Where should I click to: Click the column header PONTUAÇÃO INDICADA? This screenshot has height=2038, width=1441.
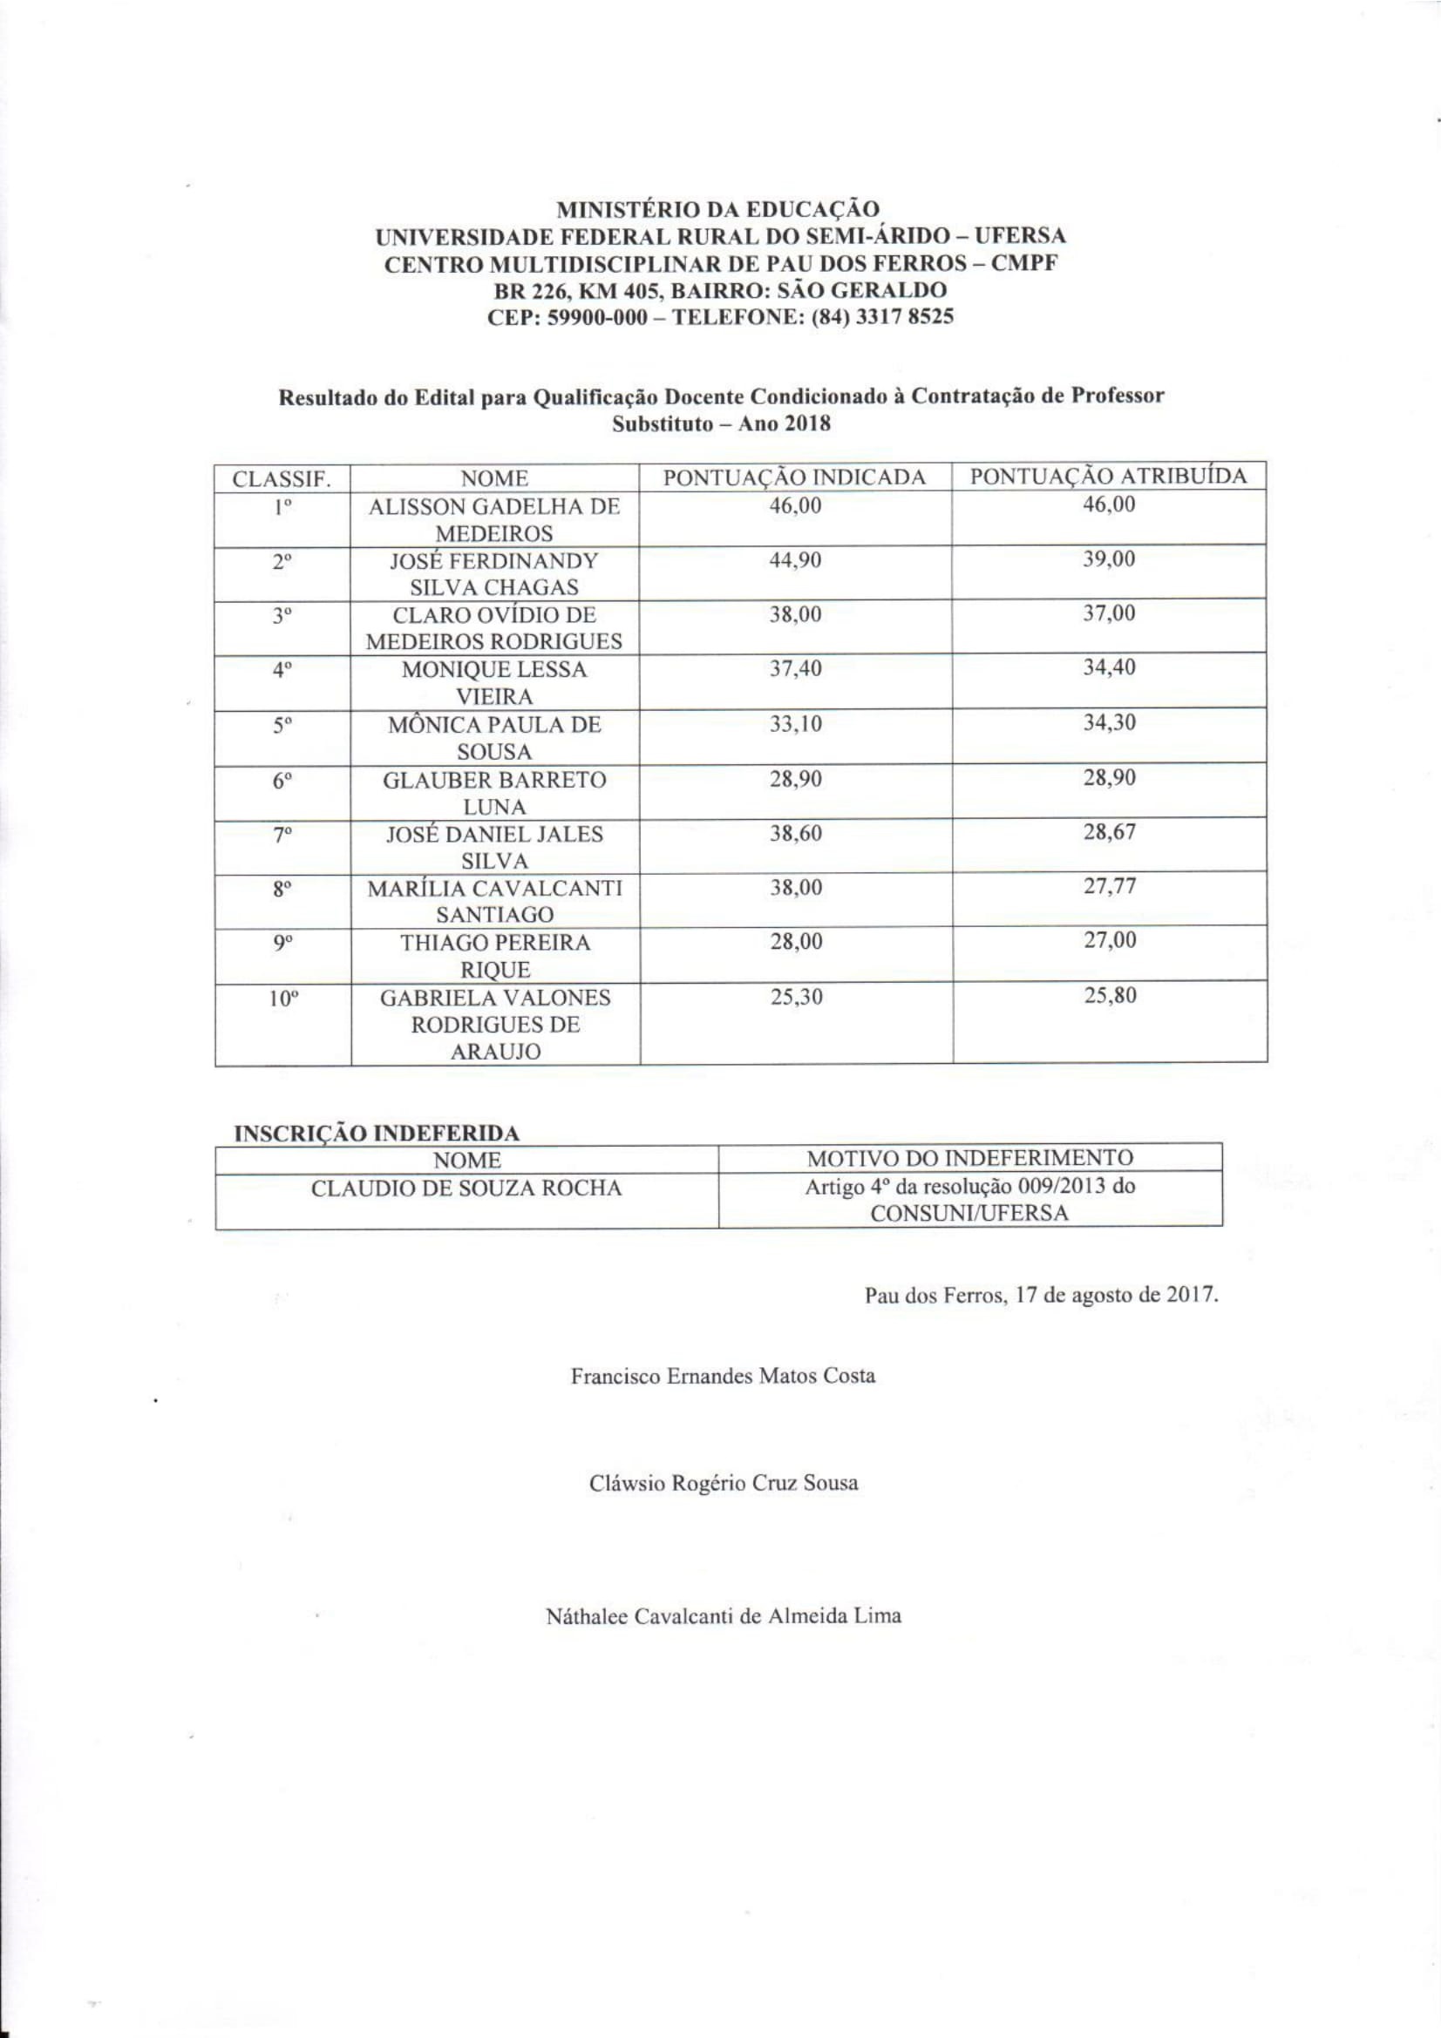[x=795, y=477]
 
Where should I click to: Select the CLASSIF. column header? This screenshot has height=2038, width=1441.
[x=282, y=479]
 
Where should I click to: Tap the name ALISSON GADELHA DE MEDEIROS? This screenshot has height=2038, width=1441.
[x=494, y=520]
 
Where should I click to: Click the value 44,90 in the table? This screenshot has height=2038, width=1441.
[x=796, y=561]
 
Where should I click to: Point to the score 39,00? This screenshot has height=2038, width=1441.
[x=1109, y=559]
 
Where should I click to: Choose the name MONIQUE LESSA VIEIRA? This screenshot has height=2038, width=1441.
[x=494, y=682]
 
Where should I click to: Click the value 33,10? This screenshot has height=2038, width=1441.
[x=796, y=723]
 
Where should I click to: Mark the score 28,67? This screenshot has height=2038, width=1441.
[x=1109, y=833]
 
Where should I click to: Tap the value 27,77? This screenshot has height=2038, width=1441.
[x=1109, y=886]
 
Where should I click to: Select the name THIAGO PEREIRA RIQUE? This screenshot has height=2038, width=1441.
[x=494, y=955]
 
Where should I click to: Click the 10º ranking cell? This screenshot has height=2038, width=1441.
[x=283, y=999]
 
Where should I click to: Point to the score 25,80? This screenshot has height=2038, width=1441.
[x=1109, y=995]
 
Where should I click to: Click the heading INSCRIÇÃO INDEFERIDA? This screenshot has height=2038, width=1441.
[x=377, y=1134]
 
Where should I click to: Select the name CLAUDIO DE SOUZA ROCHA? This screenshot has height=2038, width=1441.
[x=466, y=1188]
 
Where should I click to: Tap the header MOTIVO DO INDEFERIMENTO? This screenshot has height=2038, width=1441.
[x=969, y=1157]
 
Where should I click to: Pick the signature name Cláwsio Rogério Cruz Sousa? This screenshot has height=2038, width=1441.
[x=724, y=1483]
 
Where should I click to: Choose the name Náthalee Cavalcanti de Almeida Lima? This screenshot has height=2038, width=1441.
[x=724, y=1615]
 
